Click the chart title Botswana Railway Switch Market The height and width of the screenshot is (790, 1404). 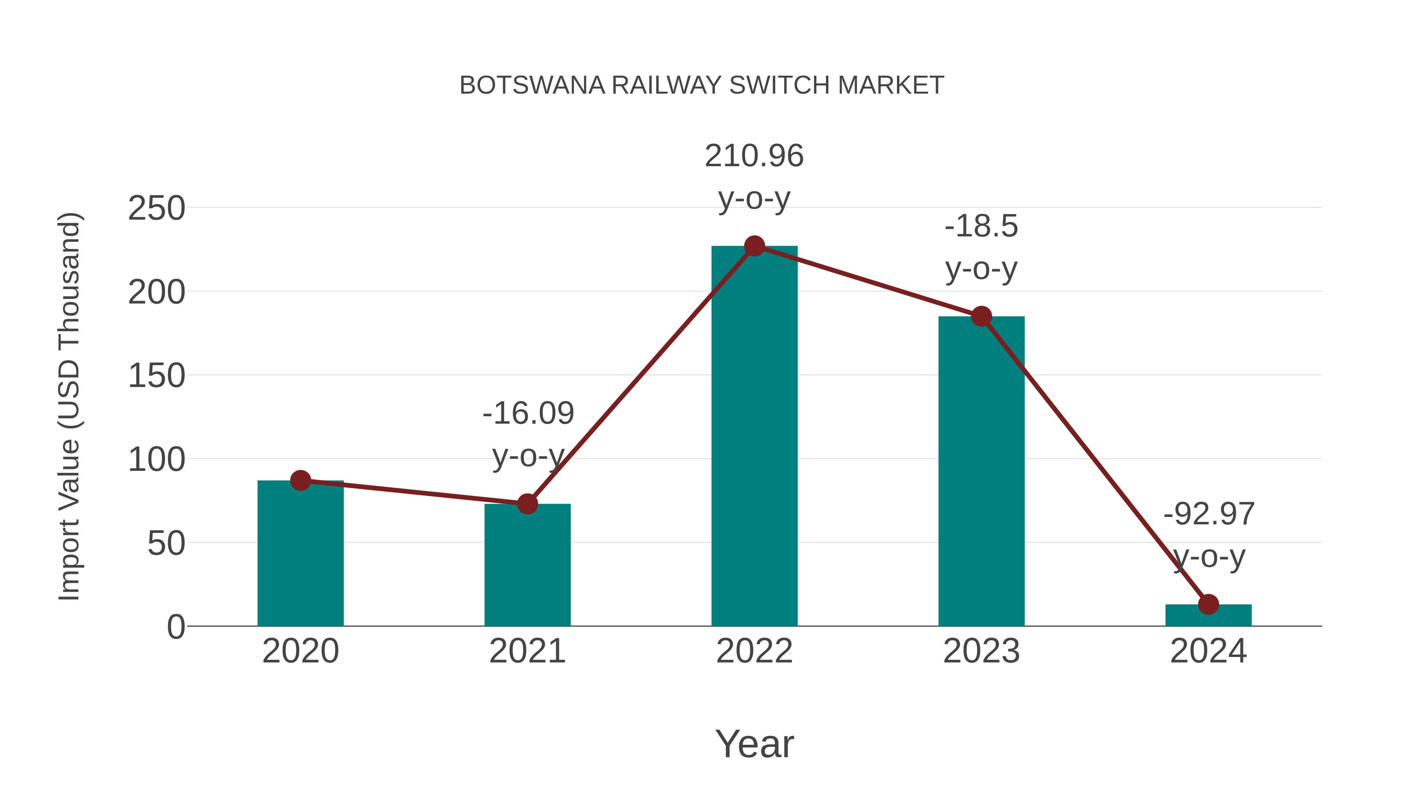[x=702, y=85]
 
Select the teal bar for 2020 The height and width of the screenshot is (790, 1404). [x=300, y=556]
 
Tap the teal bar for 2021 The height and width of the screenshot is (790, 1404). [x=527, y=567]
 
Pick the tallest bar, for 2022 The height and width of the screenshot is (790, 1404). [x=754, y=436]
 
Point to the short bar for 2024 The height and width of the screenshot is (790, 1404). [x=1208, y=616]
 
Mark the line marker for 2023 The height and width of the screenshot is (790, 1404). [x=981, y=316]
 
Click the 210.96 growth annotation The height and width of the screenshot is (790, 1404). [x=754, y=156]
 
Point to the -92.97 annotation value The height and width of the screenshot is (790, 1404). [x=1208, y=514]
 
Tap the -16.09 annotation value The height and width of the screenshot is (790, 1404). [x=528, y=413]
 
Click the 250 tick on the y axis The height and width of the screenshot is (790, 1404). [x=156, y=208]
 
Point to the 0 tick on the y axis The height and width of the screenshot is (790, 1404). [x=175, y=627]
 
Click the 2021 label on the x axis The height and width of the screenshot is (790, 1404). [x=527, y=651]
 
